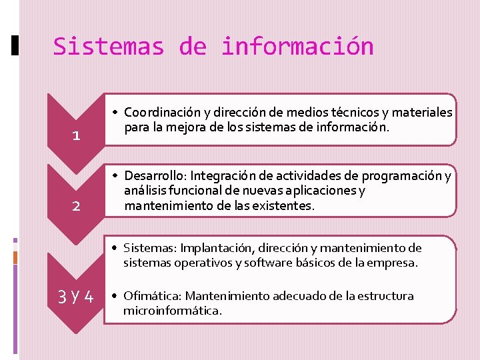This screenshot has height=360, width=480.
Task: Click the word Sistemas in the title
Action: [x=108, y=47]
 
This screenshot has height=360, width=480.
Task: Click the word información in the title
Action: [x=297, y=47]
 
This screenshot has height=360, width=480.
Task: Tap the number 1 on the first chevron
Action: [x=76, y=136]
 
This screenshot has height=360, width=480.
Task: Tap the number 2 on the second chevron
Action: [x=76, y=206]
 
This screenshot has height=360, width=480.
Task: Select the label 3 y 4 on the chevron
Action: [x=76, y=296]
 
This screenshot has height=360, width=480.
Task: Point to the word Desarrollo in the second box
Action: [x=155, y=176]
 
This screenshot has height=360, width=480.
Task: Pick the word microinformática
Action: [x=172, y=311]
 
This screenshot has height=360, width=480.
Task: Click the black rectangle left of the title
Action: [x=16, y=45]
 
